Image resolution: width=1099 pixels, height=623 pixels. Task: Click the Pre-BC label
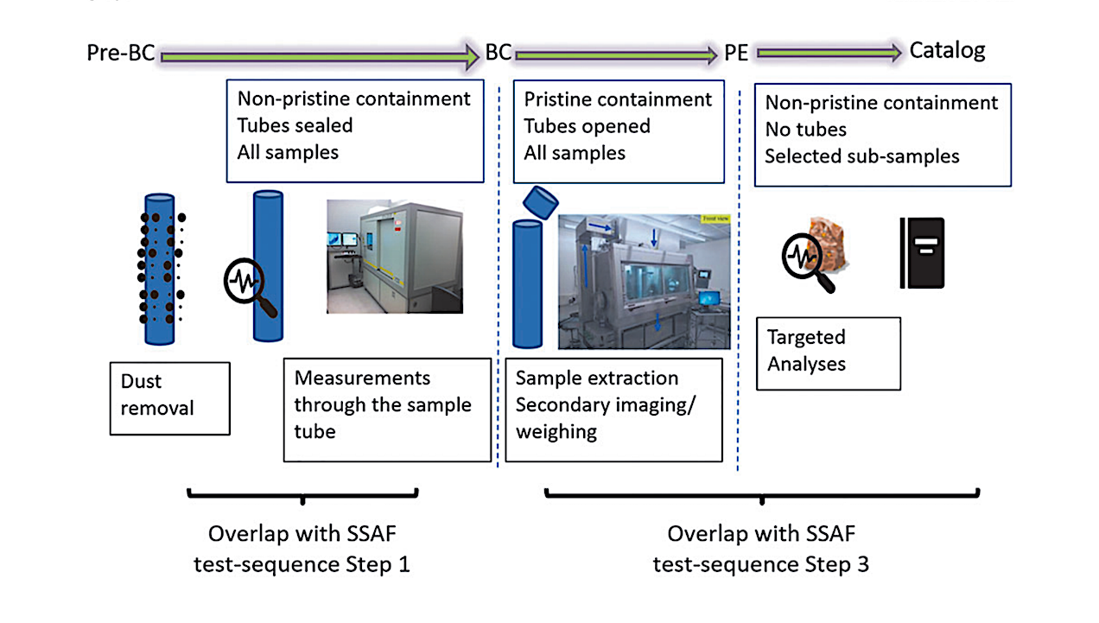[120, 54]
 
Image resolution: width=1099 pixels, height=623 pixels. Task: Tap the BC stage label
[498, 53]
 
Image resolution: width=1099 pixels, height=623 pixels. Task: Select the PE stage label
[736, 54]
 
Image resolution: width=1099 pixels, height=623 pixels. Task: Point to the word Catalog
[947, 51]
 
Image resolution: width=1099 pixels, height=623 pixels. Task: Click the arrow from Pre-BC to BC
[317, 55]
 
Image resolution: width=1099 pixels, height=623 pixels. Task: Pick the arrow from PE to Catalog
[829, 54]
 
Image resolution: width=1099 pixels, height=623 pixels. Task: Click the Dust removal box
[170, 397]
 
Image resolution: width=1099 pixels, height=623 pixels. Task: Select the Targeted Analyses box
[828, 353]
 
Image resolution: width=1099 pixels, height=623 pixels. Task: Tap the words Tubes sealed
[295, 125]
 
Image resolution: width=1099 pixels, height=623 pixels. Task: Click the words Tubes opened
[587, 126]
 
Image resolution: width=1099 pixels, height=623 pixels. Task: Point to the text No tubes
[805, 130]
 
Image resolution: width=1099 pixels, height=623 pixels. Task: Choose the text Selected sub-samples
[861, 157]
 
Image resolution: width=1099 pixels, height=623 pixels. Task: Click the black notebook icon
[922, 253]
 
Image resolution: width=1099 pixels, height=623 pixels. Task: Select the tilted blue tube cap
[542, 201]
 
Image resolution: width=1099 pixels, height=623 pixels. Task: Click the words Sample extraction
[596, 378]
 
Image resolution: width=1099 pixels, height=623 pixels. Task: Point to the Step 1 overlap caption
[302, 550]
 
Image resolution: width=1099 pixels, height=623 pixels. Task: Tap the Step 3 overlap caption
[760, 550]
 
